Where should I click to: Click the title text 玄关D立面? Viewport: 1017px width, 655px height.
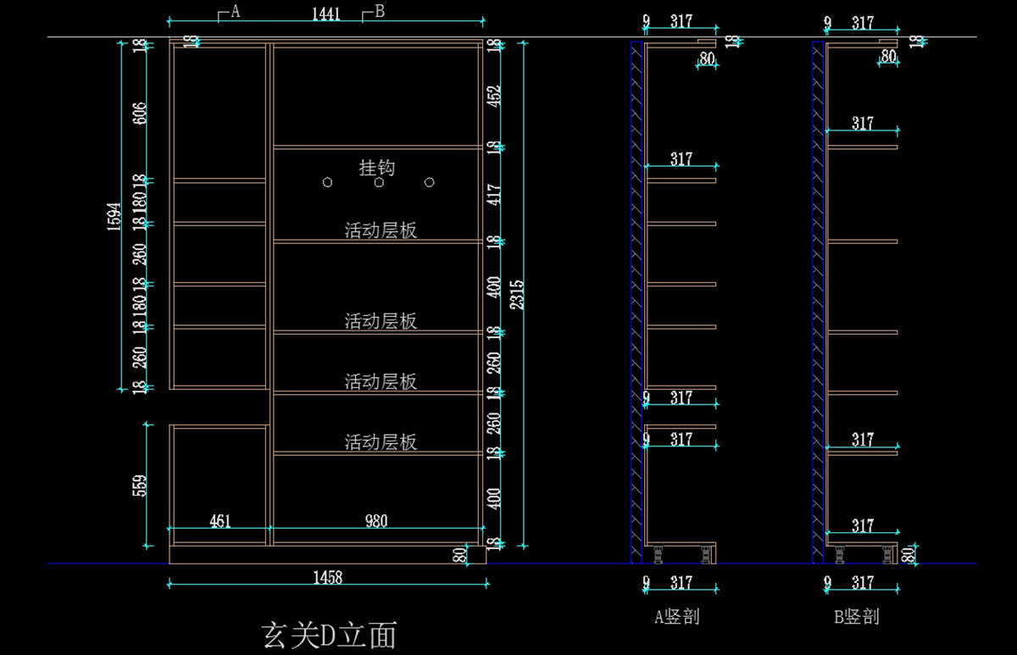(x=330, y=634)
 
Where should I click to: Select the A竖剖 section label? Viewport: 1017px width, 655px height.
(x=676, y=617)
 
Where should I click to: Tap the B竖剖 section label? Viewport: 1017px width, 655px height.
(x=857, y=617)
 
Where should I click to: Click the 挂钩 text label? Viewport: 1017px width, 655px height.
(x=377, y=168)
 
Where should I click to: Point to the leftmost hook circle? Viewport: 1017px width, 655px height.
(x=328, y=182)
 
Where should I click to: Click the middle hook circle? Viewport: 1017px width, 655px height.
(x=379, y=182)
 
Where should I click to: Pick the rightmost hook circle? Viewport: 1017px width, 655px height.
(x=430, y=182)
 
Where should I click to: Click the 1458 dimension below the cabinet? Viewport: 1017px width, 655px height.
(x=327, y=577)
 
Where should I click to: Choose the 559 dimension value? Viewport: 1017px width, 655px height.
(x=141, y=485)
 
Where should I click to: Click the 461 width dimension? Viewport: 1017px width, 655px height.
(x=220, y=521)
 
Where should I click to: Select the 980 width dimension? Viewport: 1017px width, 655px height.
(x=376, y=521)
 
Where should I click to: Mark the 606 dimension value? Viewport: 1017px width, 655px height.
(x=141, y=113)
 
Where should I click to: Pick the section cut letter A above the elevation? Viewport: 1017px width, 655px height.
(x=236, y=11)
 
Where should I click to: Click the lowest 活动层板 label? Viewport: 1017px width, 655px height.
(x=381, y=442)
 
